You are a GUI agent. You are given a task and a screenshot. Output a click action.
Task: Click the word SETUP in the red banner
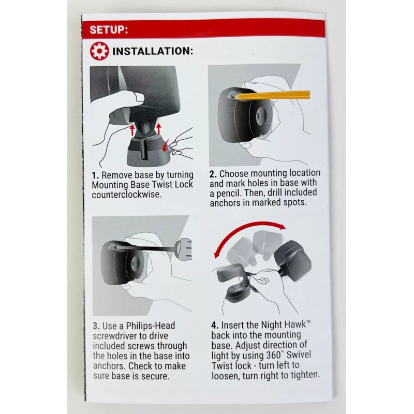coord(108,29)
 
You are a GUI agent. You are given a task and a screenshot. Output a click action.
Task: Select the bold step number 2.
coord(213,173)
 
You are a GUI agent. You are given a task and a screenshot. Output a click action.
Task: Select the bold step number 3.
coord(95,326)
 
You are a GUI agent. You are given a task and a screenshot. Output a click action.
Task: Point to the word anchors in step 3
coord(108,366)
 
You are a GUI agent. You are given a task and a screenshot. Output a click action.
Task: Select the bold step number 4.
coord(214,326)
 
